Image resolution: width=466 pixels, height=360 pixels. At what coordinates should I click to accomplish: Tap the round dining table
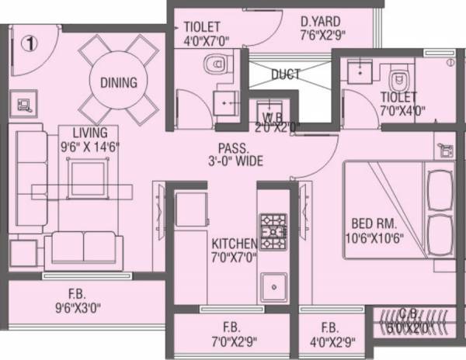click(118, 82)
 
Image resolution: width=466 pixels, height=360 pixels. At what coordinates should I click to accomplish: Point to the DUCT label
click(286, 74)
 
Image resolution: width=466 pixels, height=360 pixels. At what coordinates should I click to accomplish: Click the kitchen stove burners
click(273, 227)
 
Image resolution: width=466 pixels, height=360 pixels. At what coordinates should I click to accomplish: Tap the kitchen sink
click(273, 289)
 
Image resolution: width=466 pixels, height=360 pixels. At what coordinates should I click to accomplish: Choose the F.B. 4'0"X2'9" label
click(329, 334)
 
